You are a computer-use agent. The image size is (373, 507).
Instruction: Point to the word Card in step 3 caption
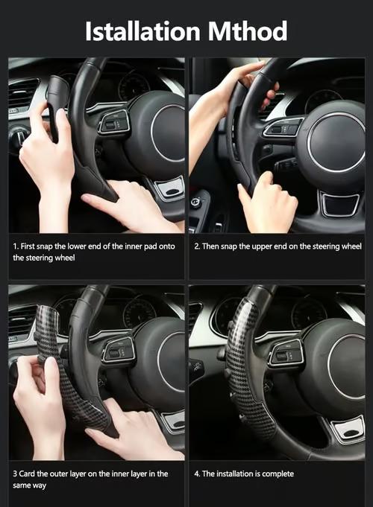[28, 473]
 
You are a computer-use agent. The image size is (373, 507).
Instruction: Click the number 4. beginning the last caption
[197, 473]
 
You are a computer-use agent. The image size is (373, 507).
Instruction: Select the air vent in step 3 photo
[22, 320]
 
